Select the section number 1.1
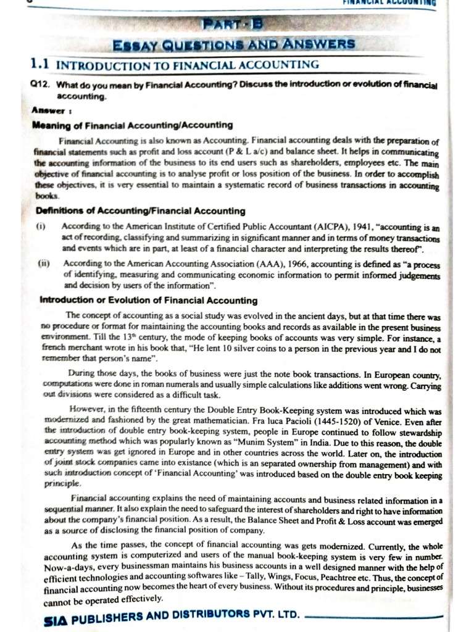click(x=41, y=64)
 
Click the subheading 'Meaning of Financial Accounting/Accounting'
click(x=132, y=125)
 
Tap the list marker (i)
click(x=41, y=227)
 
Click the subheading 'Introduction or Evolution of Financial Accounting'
click(x=148, y=301)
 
